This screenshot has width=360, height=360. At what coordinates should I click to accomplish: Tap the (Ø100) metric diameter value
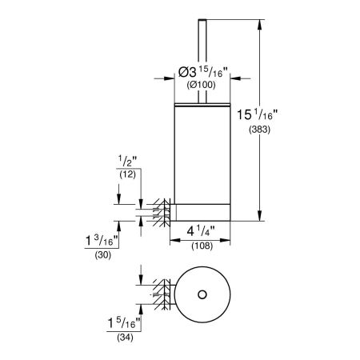tap(202, 84)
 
